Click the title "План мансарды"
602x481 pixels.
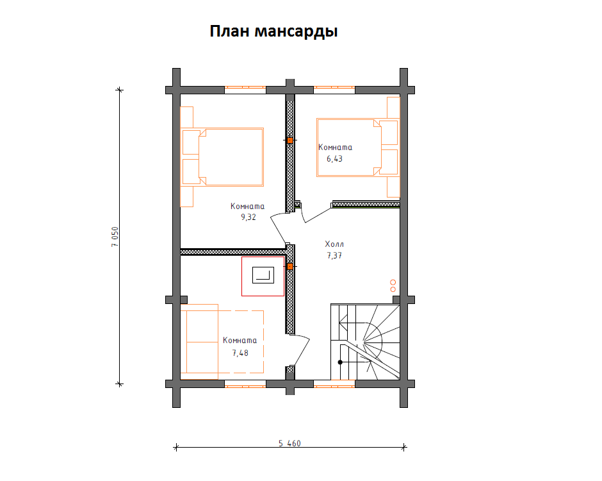click(273, 31)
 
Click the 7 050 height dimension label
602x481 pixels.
click(115, 237)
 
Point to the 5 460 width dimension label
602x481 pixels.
click(289, 443)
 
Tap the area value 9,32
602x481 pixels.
click(248, 217)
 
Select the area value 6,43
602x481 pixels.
click(334, 158)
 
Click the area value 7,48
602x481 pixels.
click(240, 352)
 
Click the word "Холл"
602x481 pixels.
click(334, 244)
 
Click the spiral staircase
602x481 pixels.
click(364, 343)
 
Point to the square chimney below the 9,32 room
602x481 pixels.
click(263, 276)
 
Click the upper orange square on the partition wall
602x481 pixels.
click(290, 140)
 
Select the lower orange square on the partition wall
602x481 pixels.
click(290, 266)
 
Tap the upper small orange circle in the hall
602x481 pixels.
click(393, 282)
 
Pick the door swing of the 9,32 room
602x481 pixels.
click(279, 228)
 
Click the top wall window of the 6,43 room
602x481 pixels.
click(334, 90)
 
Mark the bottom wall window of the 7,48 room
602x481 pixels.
click(245, 384)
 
